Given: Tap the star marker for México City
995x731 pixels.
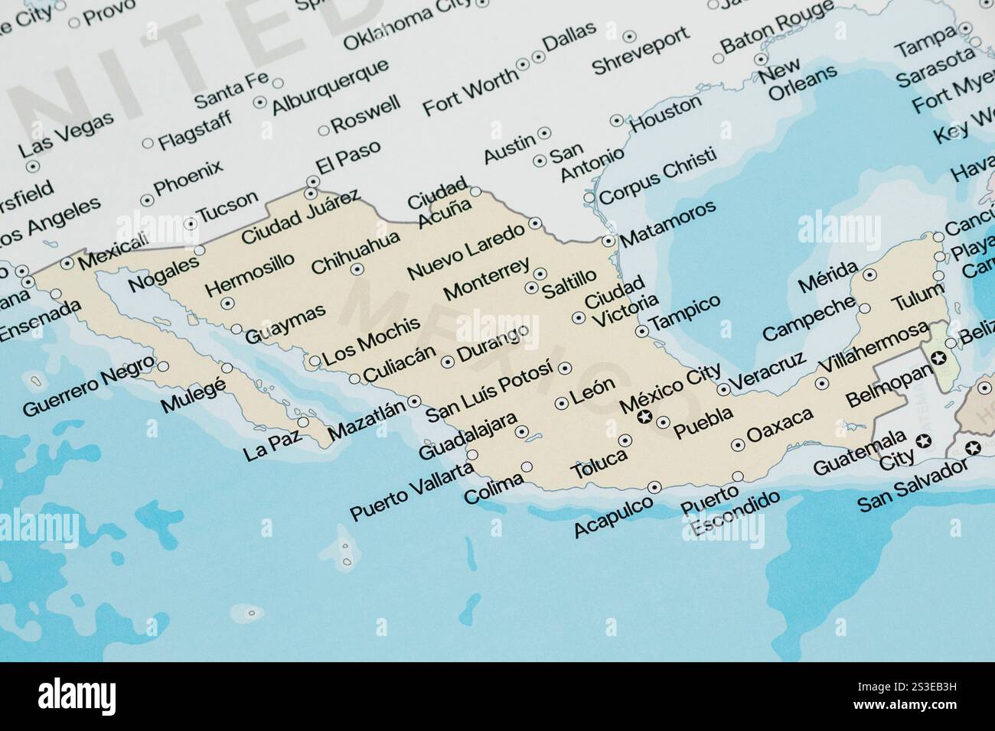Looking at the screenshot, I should tap(644, 417).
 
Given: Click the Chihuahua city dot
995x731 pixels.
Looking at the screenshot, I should tap(356, 268).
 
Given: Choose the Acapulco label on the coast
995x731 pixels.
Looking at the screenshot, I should tap(614, 515).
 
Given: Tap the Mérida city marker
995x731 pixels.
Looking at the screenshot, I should tap(869, 274).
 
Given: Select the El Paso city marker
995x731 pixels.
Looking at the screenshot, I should tap(312, 182).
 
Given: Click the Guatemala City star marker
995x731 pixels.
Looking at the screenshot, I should tap(923, 440).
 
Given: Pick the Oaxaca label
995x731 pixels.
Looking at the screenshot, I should tap(780, 427).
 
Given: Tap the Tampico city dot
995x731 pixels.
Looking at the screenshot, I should tap(641, 331).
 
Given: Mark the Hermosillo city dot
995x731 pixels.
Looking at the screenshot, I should tap(227, 304).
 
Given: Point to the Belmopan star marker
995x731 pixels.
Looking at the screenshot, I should tap(937, 358).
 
